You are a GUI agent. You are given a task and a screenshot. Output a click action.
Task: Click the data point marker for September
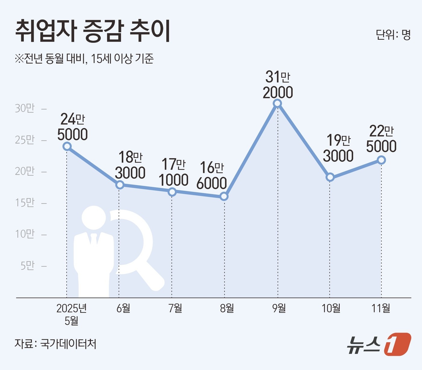(277, 104)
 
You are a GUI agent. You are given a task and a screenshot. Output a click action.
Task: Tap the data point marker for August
(224, 196)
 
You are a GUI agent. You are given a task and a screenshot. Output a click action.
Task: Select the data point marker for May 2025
(67, 146)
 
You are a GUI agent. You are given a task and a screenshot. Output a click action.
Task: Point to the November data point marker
(381, 160)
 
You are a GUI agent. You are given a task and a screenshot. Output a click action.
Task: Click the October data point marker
(330, 177)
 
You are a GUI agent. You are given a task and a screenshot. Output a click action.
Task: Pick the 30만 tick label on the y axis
(25, 108)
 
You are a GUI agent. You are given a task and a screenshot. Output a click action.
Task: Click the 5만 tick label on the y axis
(27, 266)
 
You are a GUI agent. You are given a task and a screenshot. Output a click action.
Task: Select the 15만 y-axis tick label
(25, 203)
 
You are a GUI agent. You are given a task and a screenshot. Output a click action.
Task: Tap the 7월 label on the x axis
(175, 308)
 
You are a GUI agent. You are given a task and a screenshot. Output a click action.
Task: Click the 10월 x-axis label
(331, 308)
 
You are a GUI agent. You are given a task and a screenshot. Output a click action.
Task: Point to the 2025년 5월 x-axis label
(71, 314)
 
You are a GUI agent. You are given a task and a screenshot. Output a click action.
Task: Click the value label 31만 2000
(278, 85)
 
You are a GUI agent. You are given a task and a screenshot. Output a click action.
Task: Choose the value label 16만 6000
(212, 175)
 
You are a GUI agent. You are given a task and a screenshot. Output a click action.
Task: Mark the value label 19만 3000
(338, 148)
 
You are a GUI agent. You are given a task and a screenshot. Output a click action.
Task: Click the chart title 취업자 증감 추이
(93, 31)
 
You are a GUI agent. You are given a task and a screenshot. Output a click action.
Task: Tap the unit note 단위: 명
(393, 35)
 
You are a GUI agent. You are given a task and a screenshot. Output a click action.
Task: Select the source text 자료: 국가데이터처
(55, 344)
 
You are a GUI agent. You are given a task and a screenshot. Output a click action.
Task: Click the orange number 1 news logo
(397, 344)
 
